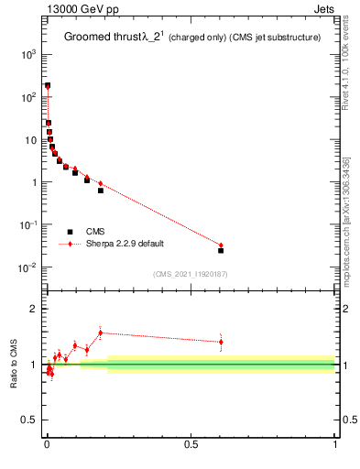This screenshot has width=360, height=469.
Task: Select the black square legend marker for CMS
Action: click(x=70, y=232)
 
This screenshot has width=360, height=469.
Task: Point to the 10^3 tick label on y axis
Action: click(x=27, y=55)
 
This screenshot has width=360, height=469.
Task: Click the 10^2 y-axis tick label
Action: click(x=27, y=97)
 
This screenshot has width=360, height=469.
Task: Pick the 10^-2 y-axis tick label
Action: click(x=27, y=267)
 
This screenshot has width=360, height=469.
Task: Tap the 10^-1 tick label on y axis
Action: click(x=27, y=224)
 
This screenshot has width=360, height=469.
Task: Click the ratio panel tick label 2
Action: click(x=33, y=310)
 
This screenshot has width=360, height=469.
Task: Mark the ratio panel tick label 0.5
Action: click(x=29, y=420)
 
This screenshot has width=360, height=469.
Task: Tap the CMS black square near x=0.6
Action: click(x=221, y=250)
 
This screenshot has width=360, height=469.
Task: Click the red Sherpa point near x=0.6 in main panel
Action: click(x=221, y=245)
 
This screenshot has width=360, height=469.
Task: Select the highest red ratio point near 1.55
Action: click(x=101, y=333)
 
